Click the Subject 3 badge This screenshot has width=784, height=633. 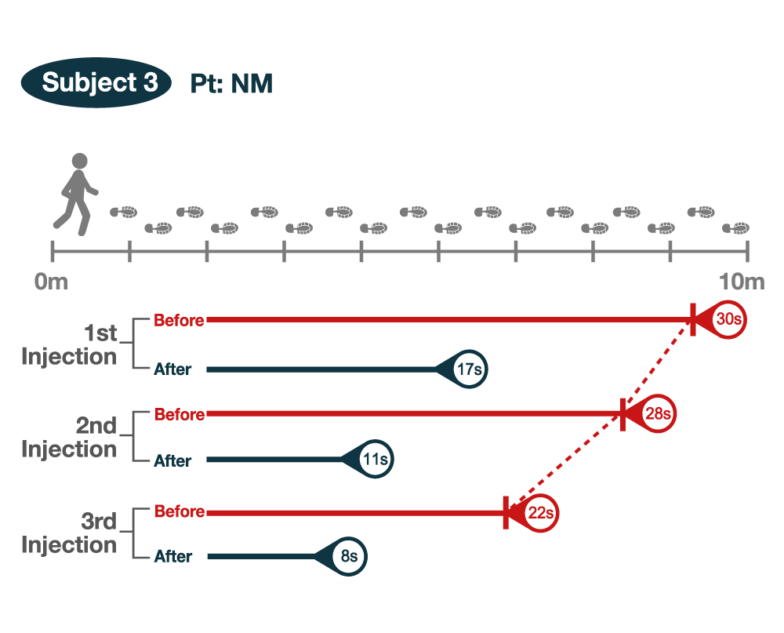96,82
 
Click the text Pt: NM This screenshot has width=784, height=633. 231,84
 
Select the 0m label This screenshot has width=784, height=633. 52,282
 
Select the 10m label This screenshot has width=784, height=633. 742,282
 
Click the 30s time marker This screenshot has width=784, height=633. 728,320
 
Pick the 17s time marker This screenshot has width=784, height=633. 469,369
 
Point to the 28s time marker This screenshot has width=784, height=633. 657,413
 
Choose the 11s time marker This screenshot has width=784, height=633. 375,460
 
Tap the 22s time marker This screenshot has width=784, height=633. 539,512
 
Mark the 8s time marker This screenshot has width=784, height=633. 349,557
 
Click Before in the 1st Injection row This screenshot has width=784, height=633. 179,320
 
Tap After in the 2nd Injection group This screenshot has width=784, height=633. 172,460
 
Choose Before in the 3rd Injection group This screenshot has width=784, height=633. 179,511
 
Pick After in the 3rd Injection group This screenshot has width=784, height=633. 172,557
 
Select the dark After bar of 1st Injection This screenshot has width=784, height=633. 321,369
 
